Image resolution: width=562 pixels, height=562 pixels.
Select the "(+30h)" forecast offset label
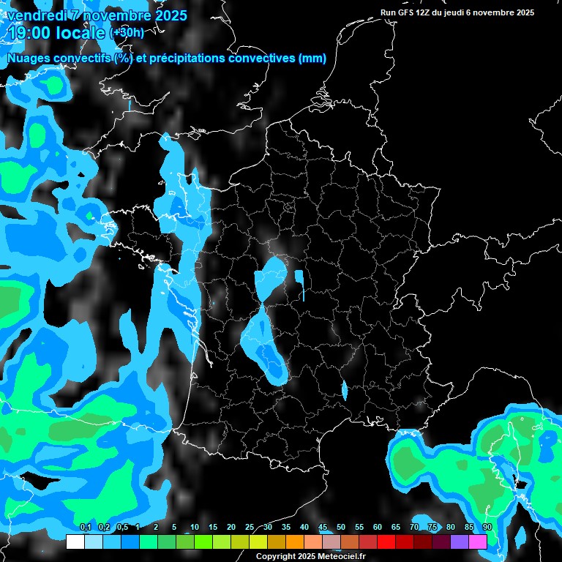[x=127, y=33]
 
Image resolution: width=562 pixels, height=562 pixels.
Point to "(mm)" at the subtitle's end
[x=312, y=59]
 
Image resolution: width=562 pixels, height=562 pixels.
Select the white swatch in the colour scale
[x=75, y=542]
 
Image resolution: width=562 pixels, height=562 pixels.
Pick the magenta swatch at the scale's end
[x=478, y=542]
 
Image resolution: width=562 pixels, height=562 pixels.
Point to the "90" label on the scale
[x=487, y=528]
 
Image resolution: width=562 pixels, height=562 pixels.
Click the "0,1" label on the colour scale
[x=85, y=528]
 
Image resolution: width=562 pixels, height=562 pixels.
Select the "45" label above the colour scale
[x=323, y=528]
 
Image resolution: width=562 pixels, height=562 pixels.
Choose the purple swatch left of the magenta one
[x=460, y=542]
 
